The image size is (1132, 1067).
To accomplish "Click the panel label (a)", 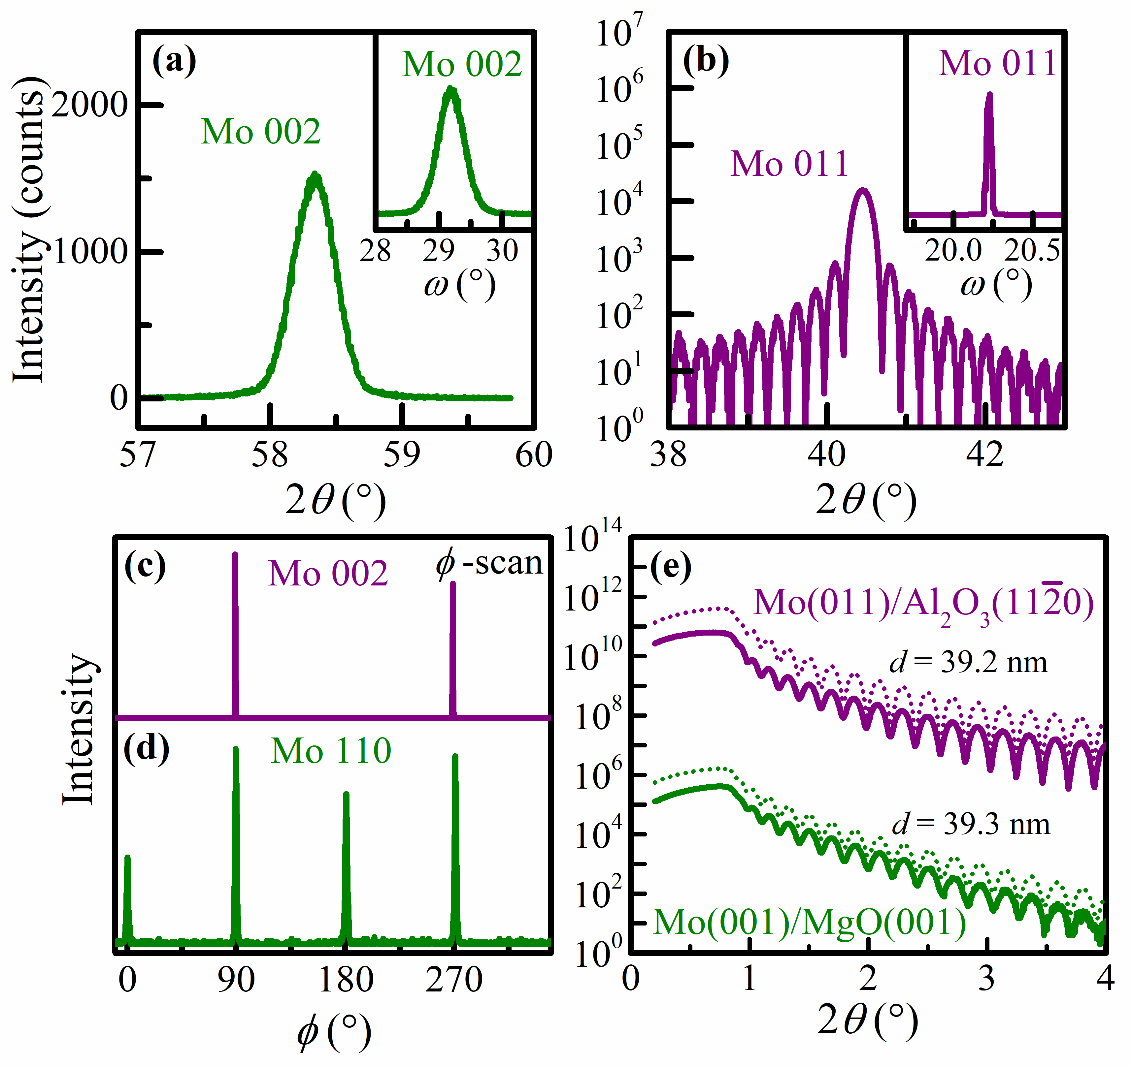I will click(174, 61).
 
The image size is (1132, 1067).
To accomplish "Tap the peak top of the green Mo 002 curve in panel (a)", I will click(315, 175).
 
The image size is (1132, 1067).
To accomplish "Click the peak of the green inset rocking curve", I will click(451, 89).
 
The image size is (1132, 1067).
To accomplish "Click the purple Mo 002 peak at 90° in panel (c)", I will click(235, 555).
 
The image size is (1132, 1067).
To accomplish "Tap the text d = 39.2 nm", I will click(968, 662).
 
